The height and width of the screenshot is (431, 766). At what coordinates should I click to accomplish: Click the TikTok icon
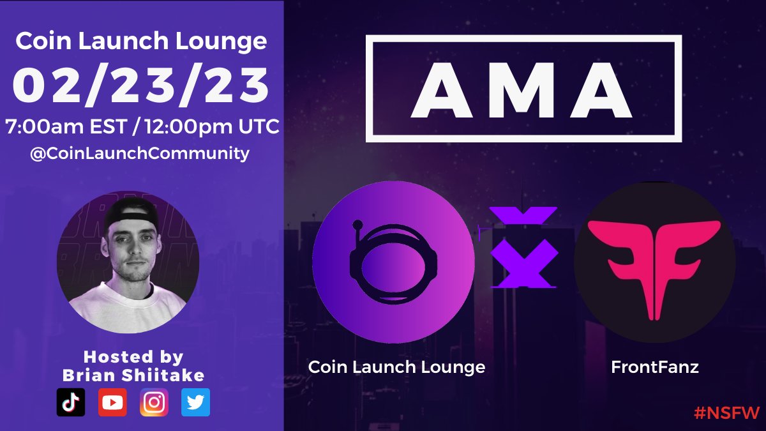pyautogui.click(x=71, y=402)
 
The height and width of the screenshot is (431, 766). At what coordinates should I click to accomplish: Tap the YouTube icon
pyautogui.click(x=112, y=402)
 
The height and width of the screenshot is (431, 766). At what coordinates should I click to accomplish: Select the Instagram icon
pyautogui.click(x=154, y=402)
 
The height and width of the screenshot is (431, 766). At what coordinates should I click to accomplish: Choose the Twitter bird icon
pyautogui.click(x=195, y=402)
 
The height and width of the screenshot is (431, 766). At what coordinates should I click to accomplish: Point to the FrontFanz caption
pyautogui.click(x=654, y=367)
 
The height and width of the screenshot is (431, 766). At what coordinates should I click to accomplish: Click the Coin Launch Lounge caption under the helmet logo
pyautogui.click(x=396, y=367)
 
